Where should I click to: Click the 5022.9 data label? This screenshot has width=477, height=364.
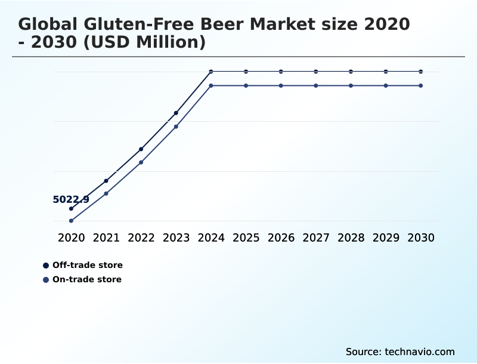[x=71, y=200]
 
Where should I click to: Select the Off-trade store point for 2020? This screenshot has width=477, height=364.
[x=71, y=208]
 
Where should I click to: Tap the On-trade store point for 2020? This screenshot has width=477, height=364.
[x=71, y=221]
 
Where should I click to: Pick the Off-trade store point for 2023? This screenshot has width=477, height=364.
[x=176, y=113]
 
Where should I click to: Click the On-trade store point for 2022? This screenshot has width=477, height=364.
[x=141, y=162]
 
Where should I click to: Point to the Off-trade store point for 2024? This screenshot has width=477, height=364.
[x=211, y=72]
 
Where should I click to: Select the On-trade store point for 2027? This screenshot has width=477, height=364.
[x=316, y=86]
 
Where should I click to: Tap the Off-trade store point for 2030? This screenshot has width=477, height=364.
[x=421, y=72]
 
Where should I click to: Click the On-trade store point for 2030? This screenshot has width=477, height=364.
[x=421, y=86]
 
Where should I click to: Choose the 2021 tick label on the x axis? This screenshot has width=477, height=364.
[x=106, y=237]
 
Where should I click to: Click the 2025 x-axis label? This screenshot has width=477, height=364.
[x=246, y=237]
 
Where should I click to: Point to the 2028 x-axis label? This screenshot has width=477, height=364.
[x=351, y=237]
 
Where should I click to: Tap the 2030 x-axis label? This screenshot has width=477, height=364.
[x=421, y=237]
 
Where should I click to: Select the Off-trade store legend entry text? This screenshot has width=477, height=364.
[x=88, y=265]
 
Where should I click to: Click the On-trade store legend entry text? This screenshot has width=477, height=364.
[x=87, y=279]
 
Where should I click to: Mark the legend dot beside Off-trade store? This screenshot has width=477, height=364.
[x=46, y=265]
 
